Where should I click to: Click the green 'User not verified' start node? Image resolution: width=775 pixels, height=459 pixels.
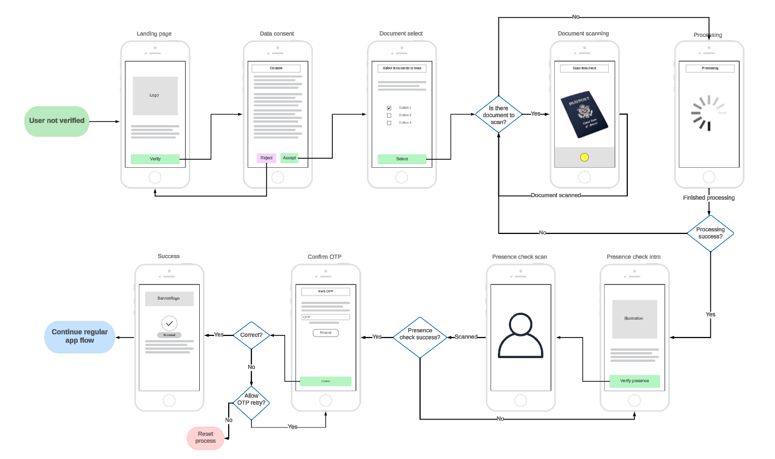[x=57, y=121]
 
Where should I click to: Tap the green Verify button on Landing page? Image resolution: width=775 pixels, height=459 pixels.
[x=155, y=159]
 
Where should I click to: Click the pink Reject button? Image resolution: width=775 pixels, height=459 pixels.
[x=267, y=158]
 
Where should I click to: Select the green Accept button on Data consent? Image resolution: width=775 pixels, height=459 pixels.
[x=289, y=158]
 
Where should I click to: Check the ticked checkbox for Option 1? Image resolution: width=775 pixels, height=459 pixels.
[x=389, y=108]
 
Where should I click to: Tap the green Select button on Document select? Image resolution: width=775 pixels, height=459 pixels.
[x=402, y=159]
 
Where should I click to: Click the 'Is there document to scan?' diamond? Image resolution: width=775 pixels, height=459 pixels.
[x=498, y=115]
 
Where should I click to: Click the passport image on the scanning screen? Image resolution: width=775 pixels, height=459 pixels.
[x=584, y=116]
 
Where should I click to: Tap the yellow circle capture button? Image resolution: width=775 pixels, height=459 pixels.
[x=584, y=157]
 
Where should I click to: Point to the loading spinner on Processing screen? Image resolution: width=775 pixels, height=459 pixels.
[x=708, y=113]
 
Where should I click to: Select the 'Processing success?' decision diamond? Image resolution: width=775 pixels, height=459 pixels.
[x=710, y=233]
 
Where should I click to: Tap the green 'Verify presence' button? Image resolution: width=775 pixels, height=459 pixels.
[x=634, y=381]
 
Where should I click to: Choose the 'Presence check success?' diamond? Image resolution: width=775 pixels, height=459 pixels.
[x=420, y=337]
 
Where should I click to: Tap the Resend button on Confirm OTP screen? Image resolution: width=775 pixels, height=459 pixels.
[x=325, y=333]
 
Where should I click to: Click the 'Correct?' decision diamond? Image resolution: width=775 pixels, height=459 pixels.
[x=251, y=335]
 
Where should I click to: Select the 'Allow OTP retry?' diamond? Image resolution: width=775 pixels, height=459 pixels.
[x=251, y=403]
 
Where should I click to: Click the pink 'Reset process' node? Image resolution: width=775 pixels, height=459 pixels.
[x=206, y=438]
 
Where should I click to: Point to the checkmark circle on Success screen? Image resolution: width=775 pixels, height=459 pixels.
[x=169, y=323]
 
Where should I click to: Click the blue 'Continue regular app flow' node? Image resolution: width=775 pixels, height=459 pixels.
[x=79, y=336]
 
